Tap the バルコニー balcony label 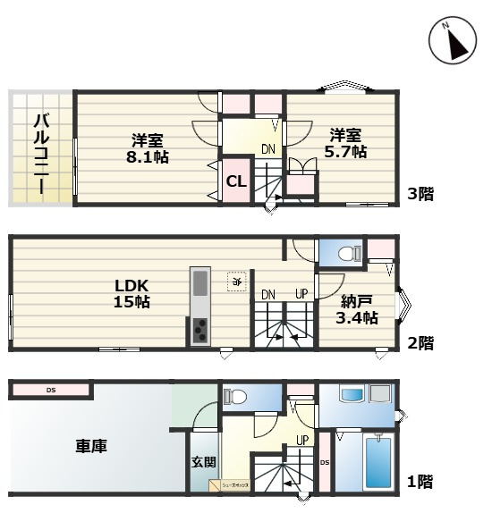pos(41,148)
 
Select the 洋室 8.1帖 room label pos(147,147)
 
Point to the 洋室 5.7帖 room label pos(345,143)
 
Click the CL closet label pos(235,182)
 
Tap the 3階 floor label pos(420,193)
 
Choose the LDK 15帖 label pos(131,294)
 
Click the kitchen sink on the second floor pos(199,283)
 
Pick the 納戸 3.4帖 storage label pos(358,310)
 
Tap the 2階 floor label pos(420,342)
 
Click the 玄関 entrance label pos(203,462)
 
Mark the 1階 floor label pos(420,483)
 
